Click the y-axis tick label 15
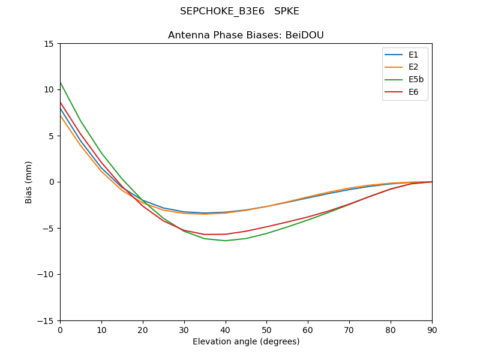point(49,44)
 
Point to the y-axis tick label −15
point(46,321)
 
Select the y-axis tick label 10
point(49,90)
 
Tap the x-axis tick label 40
point(226,330)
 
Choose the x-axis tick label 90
point(432,330)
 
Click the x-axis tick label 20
point(143,330)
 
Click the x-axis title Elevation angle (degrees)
point(246,342)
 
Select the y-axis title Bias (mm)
point(29,182)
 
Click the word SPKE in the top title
point(287,11)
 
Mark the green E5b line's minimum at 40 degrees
point(226,241)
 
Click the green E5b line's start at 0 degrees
point(61,82)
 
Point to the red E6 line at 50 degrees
point(266,227)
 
